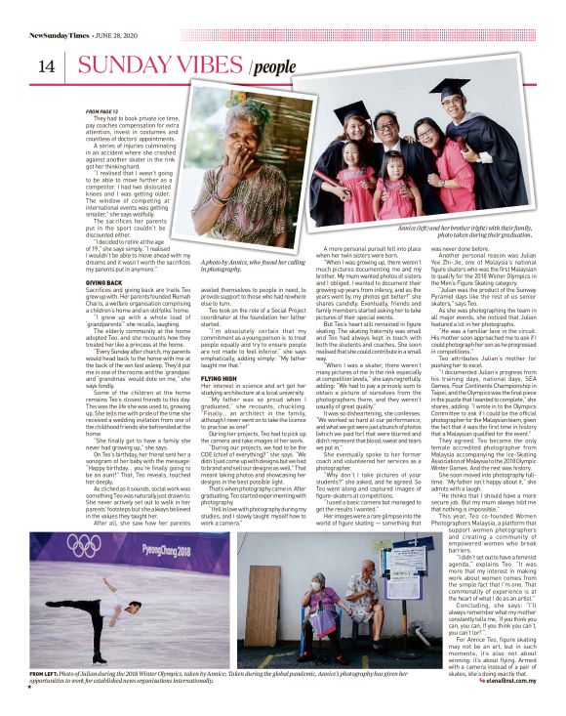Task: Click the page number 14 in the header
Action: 45,67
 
